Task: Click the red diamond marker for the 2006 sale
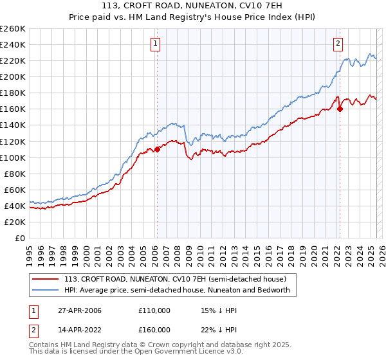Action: pos(157,149)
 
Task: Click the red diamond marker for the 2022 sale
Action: pos(339,109)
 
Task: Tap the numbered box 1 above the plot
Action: pos(156,44)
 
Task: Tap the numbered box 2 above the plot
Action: pos(338,44)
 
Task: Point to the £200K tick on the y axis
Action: pos(12,76)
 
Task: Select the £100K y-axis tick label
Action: pos(12,157)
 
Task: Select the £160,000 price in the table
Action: pos(154,330)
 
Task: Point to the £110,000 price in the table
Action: pos(154,310)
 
